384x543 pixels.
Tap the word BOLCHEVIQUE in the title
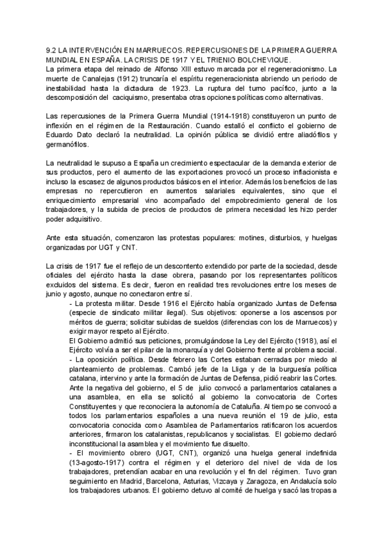tap(260, 60)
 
